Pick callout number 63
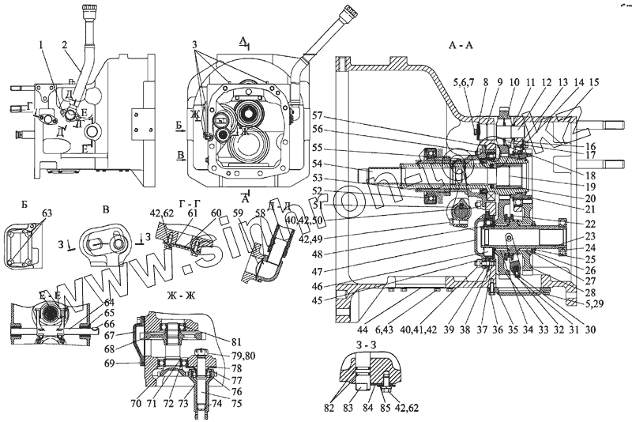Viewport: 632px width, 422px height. click(x=47, y=213)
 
